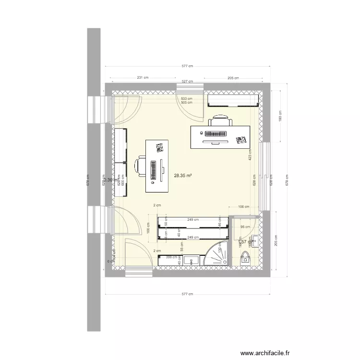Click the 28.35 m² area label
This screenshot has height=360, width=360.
[x=183, y=176]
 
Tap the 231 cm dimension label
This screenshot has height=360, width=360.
[x=142, y=77]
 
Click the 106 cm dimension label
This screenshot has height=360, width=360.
[x=244, y=207]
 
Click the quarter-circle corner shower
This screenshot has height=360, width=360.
[x=218, y=254]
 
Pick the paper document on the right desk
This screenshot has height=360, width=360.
[x=241, y=140]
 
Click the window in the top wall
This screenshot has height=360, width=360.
[x=190, y=87]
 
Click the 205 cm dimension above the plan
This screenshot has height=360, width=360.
[x=233, y=77]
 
